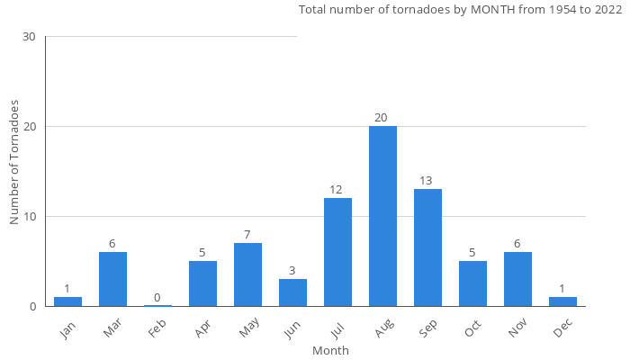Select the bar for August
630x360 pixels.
click(382, 216)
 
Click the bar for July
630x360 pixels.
click(337, 252)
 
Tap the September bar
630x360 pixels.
click(427, 247)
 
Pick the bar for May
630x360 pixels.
click(247, 274)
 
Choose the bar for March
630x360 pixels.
click(112, 279)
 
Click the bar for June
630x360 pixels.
click(292, 292)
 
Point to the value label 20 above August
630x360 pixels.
click(382, 118)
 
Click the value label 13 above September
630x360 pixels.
click(427, 181)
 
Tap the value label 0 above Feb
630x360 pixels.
click(157, 298)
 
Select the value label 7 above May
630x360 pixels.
click(247, 235)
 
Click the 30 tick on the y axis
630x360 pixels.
click(29, 37)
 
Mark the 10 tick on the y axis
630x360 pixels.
click(29, 217)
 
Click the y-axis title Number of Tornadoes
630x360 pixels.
click(14, 162)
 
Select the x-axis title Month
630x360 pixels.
click(330, 350)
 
